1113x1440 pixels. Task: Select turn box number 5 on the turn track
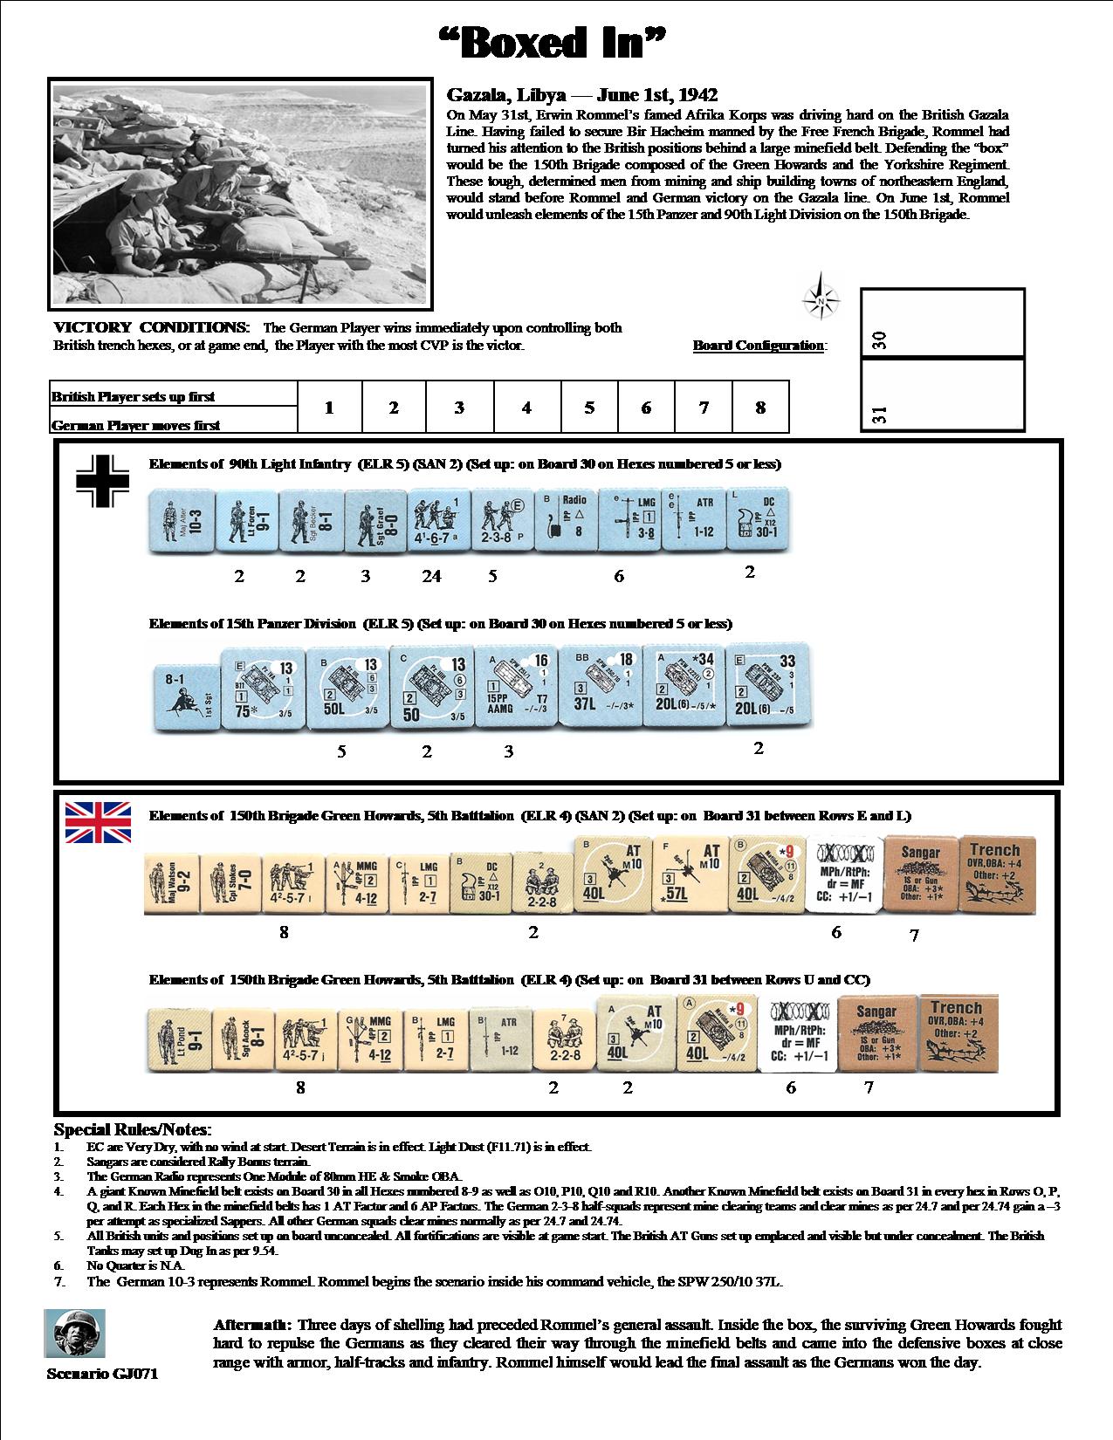[589, 408]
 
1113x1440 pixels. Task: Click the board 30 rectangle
[943, 323]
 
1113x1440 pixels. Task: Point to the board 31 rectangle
[943, 395]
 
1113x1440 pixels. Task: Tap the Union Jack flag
[98, 823]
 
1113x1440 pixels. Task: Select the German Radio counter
[564, 521]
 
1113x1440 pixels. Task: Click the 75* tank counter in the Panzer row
[253, 688]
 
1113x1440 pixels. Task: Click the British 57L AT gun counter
[681, 876]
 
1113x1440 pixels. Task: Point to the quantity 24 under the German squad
[431, 576]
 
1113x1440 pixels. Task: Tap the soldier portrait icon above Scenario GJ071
[74, 1334]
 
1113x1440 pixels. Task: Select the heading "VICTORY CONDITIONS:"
[152, 328]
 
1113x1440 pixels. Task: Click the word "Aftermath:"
[253, 1325]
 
